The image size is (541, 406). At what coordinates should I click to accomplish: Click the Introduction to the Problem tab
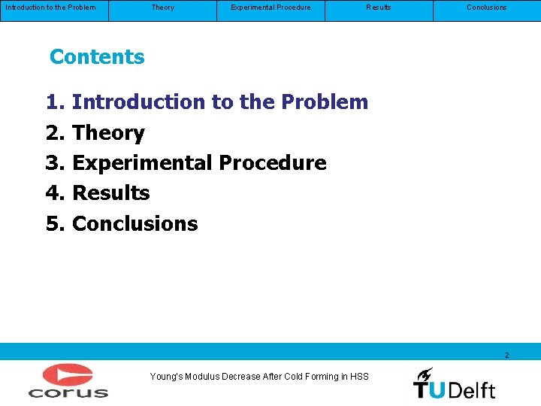pos(50,8)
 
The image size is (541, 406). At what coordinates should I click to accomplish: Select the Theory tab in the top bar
pos(162,8)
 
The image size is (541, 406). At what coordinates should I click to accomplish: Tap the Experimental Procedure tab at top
pos(270,8)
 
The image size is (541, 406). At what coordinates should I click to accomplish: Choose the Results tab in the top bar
pos(378,8)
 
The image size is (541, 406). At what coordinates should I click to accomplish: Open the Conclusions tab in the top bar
pos(486,8)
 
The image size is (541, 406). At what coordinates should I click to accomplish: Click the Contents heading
pos(97,57)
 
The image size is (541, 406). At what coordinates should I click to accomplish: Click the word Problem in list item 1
pos(325,102)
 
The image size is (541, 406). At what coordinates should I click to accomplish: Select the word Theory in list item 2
pos(108,133)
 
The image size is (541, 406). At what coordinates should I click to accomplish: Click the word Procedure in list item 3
pos(273,163)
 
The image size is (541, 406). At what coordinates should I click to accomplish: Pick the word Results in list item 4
pos(111,193)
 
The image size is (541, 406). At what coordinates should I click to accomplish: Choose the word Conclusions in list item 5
pos(135,224)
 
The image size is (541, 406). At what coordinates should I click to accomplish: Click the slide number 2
pos(506,355)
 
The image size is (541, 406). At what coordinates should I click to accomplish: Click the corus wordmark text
pos(68,392)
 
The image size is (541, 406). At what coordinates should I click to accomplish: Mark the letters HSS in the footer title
pos(359,377)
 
